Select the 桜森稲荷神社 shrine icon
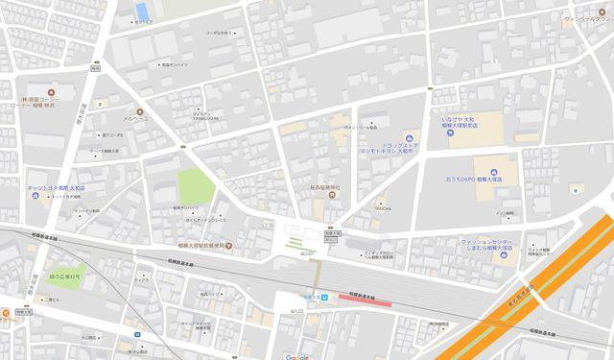tap(331, 196)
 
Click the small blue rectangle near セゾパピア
tap(142, 11)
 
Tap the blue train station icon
tap(323, 298)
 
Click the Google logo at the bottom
tap(295, 355)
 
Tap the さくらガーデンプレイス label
tap(204, 219)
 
